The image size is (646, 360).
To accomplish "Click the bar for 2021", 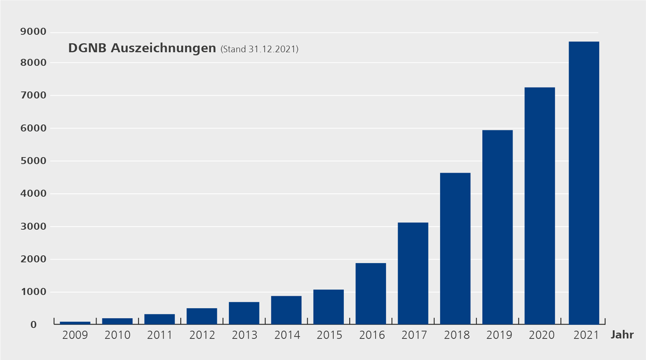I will pyautogui.click(x=584, y=183).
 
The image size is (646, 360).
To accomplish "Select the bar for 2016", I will pyautogui.click(x=371, y=294).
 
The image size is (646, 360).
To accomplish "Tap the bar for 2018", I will pyautogui.click(x=455, y=248).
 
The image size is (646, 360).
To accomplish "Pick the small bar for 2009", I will pyautogui.click(x=75, y=323).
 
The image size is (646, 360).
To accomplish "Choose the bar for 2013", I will pyautogui.click(x=244, y=313).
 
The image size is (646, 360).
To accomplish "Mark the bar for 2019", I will pyautogui.click(x=497, y=227).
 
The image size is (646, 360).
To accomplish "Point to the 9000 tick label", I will pyautogui.click(x=33, y=32).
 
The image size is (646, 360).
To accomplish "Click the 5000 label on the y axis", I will pyautogui.click(x=33, y=161).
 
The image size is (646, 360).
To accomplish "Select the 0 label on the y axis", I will pyautogui.click(x=33, y=325).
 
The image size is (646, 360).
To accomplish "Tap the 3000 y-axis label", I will pyautogui.click(x=33, y=227).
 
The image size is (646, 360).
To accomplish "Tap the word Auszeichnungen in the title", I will pyautogui.click(x=163, y=48).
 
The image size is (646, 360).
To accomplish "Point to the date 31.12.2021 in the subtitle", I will pyautogui.click(x=272, y=49).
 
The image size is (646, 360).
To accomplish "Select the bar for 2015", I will pyautogui.click(x=329, y=307).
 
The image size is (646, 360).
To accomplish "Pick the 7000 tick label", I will pyautogui.click(x=33, y=96).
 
